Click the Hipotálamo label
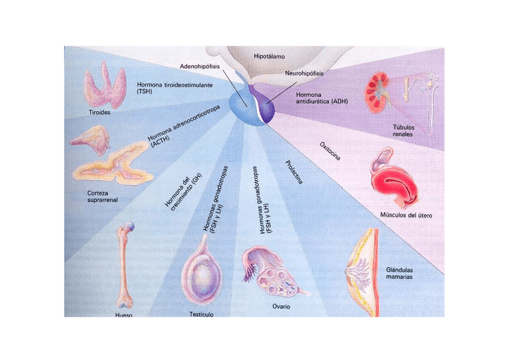[x=269, y=56]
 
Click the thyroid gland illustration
[x=104, y=87]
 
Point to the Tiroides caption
[x=99, y=112]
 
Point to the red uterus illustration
[x=394, y=183]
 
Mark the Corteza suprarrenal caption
[x=97, y=197]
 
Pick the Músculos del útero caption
[x=407, y=215]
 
